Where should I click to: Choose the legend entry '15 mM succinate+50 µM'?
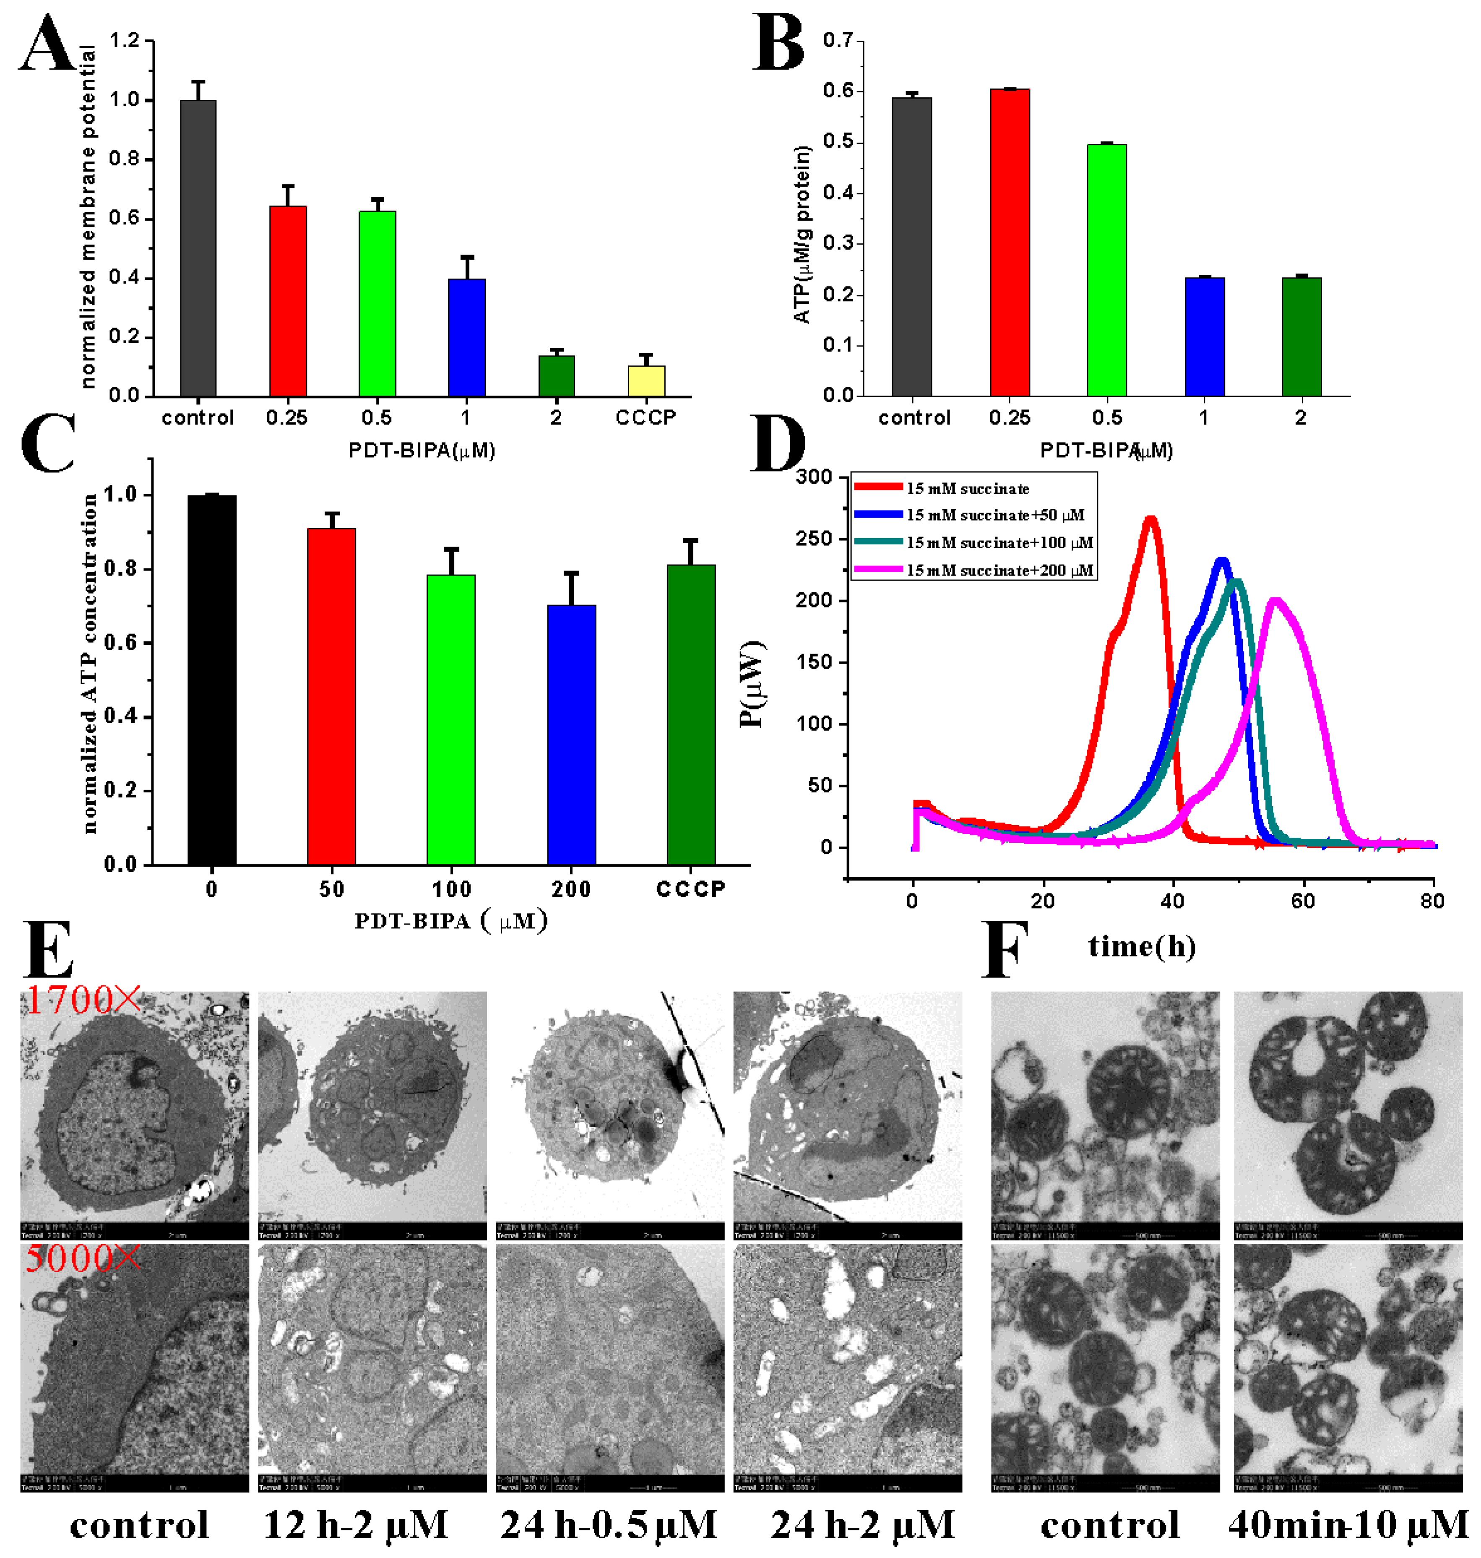pos(995,515)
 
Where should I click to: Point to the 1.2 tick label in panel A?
pos(124,40)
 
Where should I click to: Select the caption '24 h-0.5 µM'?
pos(609,1525)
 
